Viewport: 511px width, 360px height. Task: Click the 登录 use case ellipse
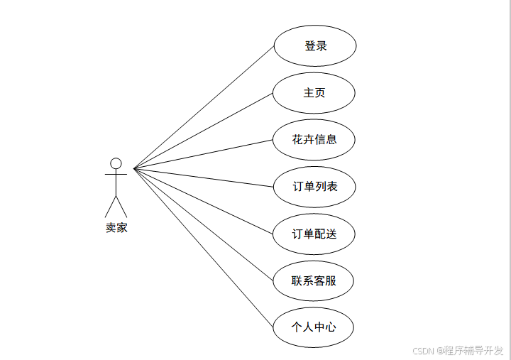click(314, 46)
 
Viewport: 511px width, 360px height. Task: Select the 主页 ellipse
click(314, 93)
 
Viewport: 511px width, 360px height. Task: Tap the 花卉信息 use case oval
click(314, 140)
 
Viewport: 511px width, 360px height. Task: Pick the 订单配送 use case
click(314, 234)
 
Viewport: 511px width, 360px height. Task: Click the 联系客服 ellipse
click(313, 280)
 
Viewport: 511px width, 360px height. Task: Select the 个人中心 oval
click(313, 327)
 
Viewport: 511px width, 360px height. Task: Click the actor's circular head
click(116, 163)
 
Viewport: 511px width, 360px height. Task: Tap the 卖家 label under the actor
click(116, 228)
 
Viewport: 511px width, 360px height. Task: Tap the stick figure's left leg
click(110, 207)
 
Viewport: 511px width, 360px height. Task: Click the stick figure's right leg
click(122, 207)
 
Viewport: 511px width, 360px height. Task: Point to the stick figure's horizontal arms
click(116, 174)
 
